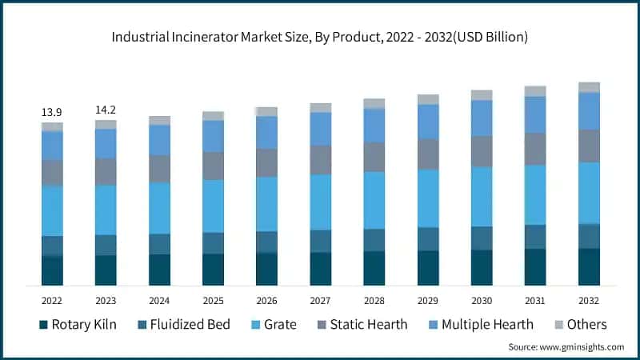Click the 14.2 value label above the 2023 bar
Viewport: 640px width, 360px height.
[106, 109]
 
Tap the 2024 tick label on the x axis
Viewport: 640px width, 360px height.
[159, 300]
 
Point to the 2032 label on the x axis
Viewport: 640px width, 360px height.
[589, 300]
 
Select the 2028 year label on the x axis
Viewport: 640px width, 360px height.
[374, 300]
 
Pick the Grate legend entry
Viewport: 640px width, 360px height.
[271, 324]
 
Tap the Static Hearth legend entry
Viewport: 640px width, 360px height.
[361, 324]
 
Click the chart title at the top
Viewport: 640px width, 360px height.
[320, 37]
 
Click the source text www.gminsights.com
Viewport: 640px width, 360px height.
[566, 347]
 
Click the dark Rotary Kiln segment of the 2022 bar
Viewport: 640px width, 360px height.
[52, 270]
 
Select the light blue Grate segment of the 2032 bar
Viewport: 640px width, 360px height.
[589, 192]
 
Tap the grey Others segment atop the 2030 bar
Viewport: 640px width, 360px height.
[482, 95]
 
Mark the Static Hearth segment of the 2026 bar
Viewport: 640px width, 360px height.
[266, 162]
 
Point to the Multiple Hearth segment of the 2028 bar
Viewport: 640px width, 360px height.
[374, 126]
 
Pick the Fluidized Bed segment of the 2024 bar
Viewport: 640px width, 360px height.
[159, 244]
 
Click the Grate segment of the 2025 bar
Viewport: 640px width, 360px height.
[213, 206]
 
